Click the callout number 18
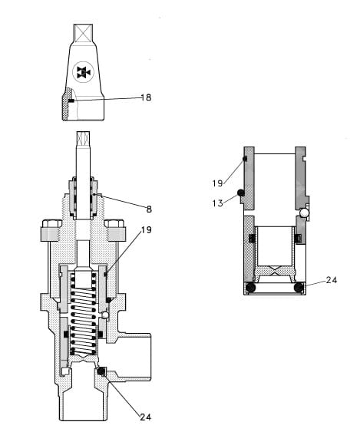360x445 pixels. click(x=147, y=97)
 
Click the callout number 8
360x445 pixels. click(x=148, y=208)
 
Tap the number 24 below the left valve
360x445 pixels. click(x=146, y=417)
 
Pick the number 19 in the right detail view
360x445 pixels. click(x=217, y=183)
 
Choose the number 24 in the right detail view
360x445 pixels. click(x=331, y=280)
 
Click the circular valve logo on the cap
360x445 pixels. click(x=82, y=73)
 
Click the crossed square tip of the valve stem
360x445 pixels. click(x=82, y=140)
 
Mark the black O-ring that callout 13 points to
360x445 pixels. click(x=240, y=193)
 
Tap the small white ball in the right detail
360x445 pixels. click(x=305, y=212)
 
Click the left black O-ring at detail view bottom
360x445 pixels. click(x=249, y=288)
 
